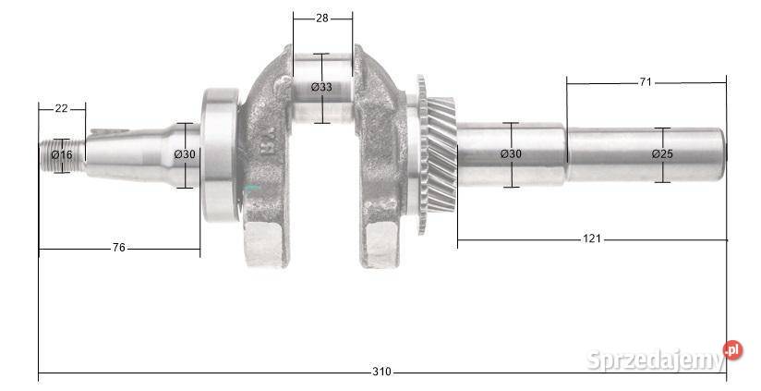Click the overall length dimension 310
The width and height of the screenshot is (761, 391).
[x=381, y=373]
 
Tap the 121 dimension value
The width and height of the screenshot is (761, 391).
[x=592, y=238]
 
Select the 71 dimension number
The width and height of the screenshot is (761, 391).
[x=645, y=82]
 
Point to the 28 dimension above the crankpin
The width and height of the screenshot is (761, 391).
[x=322, y=18]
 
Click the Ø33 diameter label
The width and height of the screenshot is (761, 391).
[x=321, y=87]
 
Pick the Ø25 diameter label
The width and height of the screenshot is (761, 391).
[x=662, y=154]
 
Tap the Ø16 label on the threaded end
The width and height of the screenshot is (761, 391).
[x=62, y=155]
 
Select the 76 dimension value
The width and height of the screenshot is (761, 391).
[x=118, y=248]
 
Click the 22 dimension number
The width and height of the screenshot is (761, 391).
[x=61, y=108]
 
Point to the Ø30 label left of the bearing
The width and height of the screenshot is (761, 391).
[x=185, y=154]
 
